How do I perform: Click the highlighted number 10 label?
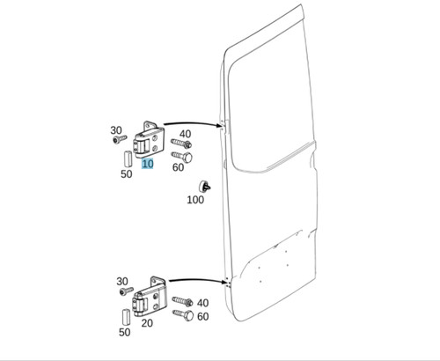tap(148, 164)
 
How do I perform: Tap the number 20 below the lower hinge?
tap(147, 323)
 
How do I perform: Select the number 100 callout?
tap(195, 200)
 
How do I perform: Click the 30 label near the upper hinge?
tap(116, 130)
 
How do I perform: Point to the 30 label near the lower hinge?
tap(122, 282)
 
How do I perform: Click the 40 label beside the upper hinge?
tap(185, 134)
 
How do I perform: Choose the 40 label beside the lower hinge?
tap(202, 303)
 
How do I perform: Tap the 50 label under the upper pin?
tap(126, 174)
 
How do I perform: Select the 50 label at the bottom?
tap(124, 332)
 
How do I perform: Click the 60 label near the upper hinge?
tap(178, 167)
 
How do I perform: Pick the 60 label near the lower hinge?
tap(203, 316)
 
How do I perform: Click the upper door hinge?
tap(150, 140)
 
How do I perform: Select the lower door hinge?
tap(150, 297)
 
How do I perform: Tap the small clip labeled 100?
tap(205, 186)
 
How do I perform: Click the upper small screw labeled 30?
tap(120, 139)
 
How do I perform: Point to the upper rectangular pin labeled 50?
tap(128, 158)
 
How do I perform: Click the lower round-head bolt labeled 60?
tap(183, 315)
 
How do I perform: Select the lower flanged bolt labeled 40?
tap(182, 301)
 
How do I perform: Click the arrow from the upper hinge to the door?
tap(193, 124)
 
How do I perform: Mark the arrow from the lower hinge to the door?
tap(198, 281)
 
